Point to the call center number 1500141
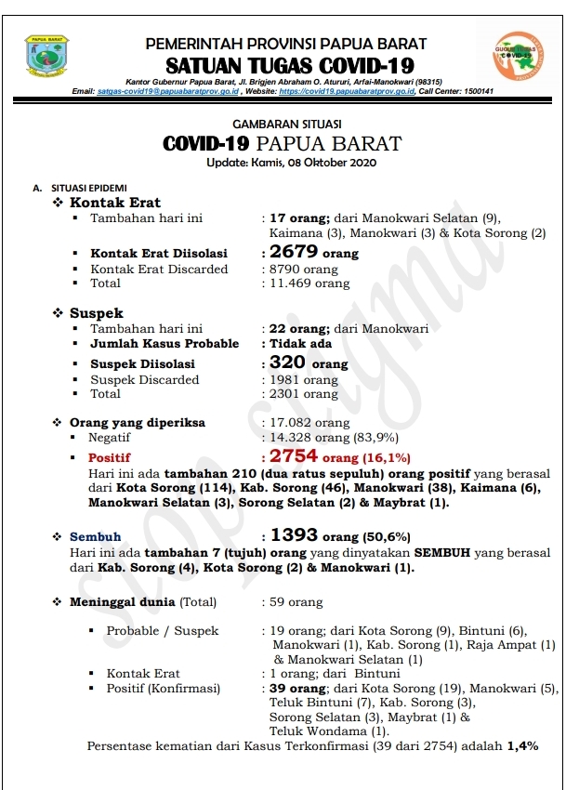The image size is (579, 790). (x=478, y=92)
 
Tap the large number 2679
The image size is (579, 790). (x=293, y=253)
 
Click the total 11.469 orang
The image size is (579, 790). (x=309, y=283)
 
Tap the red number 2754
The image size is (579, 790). (x=294, y=456)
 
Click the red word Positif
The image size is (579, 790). (x=110, y=458)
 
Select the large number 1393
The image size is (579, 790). (x=295, y=535)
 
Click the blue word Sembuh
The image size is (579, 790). (x=96, y=536)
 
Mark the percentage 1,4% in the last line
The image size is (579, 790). (x=522, y=746)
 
